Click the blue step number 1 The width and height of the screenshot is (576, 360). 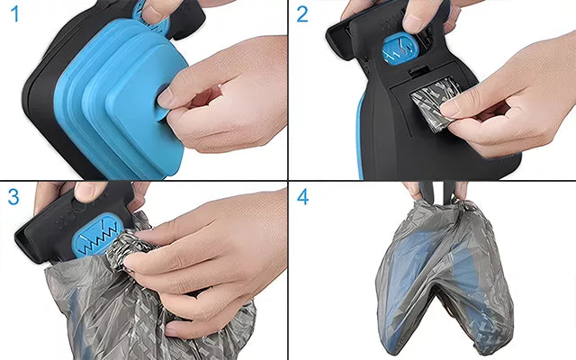pyautogui.click(x=14, y=14)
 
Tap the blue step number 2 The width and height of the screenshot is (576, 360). pyautogui.click(x=302, y=14)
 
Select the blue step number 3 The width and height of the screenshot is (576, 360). pyautogui.click(x=13, y=197)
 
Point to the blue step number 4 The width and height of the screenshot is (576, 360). pyautogui.click(x=302, y=197)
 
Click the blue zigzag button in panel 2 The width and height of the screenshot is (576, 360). pyautogui.click(x=399, y=49)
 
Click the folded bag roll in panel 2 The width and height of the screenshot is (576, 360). pyautogui.click(x=430, y=103)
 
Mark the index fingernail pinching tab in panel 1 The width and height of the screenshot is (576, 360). pyautogui.click(x=166, y=96)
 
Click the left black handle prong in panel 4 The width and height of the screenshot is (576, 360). pyautogui.click(x=426, y=191)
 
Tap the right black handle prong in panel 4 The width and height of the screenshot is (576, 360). pyautogui.click(x=449, y=191)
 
